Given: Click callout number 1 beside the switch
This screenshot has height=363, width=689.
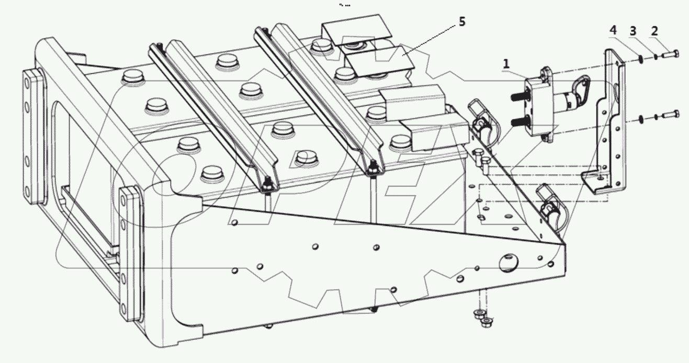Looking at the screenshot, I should (x=506, y=63).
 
